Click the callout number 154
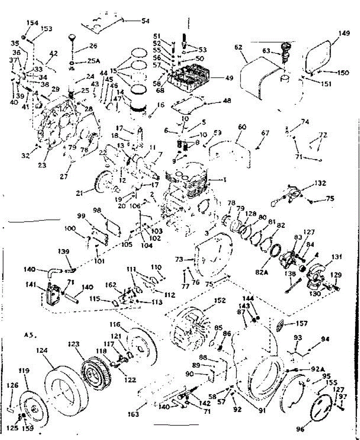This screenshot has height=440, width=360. (32, 23)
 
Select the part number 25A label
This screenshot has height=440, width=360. (93, 61)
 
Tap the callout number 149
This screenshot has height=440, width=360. (344, 33)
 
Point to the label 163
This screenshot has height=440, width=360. (134, 414)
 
